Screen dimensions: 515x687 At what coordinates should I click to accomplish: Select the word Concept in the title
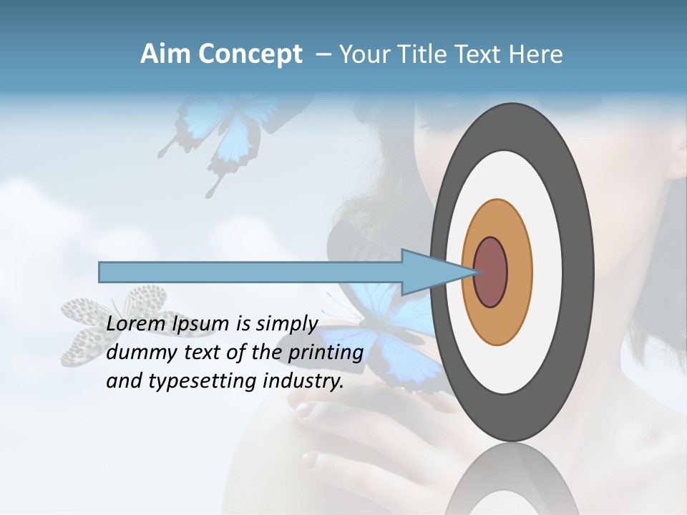tap(250, 54)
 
